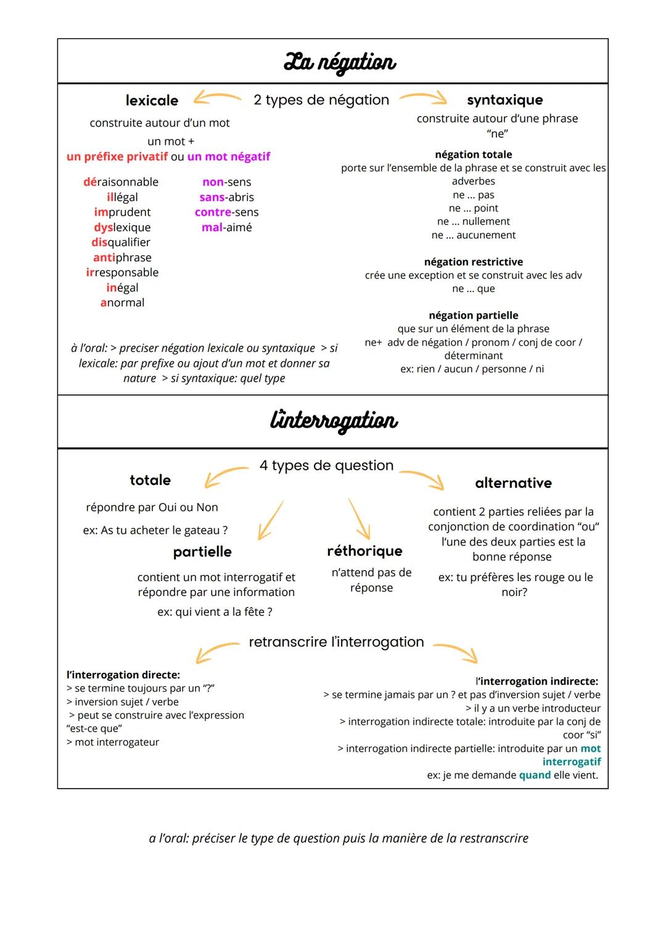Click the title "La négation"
point(339,62)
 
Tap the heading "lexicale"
point(152,100)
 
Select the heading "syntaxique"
point(504,100)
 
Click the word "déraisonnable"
point(121,182)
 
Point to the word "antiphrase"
point(122,258)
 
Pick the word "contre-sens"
point(226,212)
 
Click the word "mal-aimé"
point(226,227)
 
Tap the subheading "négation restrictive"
point(473,262)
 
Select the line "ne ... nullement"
point(473,221)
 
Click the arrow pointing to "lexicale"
point(216,97)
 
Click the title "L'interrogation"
point(334,421)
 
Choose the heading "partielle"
point(202,552)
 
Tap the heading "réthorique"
point(364,551)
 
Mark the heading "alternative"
point(513,483)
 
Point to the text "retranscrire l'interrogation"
point(336,642)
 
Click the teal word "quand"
point(535,775)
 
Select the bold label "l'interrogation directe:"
point(123,675)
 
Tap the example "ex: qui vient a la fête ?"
point(215,612)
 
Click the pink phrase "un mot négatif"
point(229,157)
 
